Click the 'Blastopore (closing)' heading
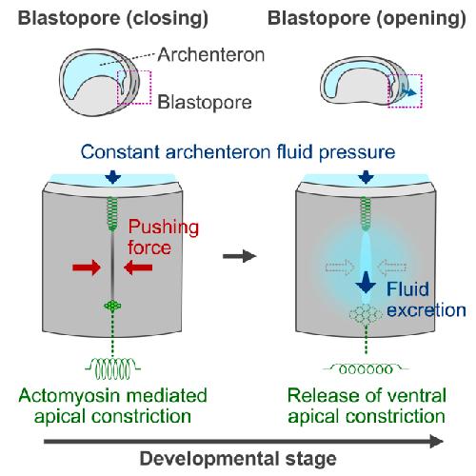click(x=113, y=18)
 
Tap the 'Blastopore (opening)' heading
click(x=367, y=18)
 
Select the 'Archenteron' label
click(x=211, y=54)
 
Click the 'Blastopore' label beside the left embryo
click(x=205, y=103)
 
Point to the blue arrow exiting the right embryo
click(x=409, y=91)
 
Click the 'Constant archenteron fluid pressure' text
click(x=238, y=152)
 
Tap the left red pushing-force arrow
click(x=87, y=268)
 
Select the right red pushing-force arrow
click(x=138, y=268)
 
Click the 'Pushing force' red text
click(x=163, y=237)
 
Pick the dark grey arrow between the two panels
click(x=240, y=256)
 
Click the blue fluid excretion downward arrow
click(x=366, y=283)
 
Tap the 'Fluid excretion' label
click(x=426, y=299)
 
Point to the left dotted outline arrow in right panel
click(x=340, y=267)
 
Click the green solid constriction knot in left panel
click(x=112, y=306)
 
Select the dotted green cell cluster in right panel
click(x=366, y=314)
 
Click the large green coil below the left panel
click(x=112, y=368)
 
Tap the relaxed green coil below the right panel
click(x=366, y=369)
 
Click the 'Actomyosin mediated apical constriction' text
click(x=112, y=406)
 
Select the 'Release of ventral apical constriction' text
click(x=367, y=406)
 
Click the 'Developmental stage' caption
click(x=238, y=459)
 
